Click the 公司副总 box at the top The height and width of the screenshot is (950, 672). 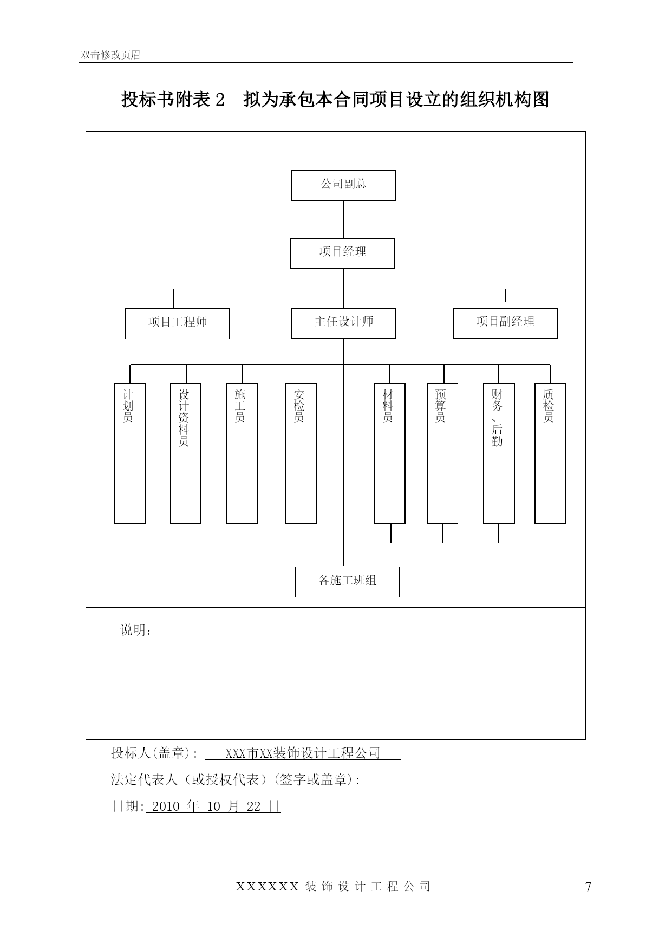[x=343, y=185]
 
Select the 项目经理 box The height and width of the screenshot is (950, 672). [x=343, y=253]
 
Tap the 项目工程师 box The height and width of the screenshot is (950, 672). [x=178, y=323]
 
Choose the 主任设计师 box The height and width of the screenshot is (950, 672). [x=344, y=323]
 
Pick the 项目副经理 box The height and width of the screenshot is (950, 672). [x=505, y=323]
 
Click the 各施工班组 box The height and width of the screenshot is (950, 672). [x=347, y=582]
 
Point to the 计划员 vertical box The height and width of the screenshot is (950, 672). [x=130, y=454]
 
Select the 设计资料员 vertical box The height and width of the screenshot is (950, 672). [x=186, y=454]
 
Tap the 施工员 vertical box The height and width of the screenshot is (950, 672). [x=242, y=454]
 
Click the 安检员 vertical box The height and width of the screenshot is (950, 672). [x=301, y=454]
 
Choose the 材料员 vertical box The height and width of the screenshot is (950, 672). [x=390, y=454]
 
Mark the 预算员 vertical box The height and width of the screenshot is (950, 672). [x=442, y=454]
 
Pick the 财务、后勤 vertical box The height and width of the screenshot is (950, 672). [x=499, y=454]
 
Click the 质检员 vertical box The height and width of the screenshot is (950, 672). [x=550, y=454]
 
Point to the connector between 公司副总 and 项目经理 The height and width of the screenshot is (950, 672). [x=344, y=219]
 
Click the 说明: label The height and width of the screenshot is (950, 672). [x=136, y=630]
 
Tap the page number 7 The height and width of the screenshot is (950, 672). [x=589, y=887]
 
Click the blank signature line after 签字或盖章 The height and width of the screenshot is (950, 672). [x=422, y=785]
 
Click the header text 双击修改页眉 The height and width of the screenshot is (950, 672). [x=110, y=55]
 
